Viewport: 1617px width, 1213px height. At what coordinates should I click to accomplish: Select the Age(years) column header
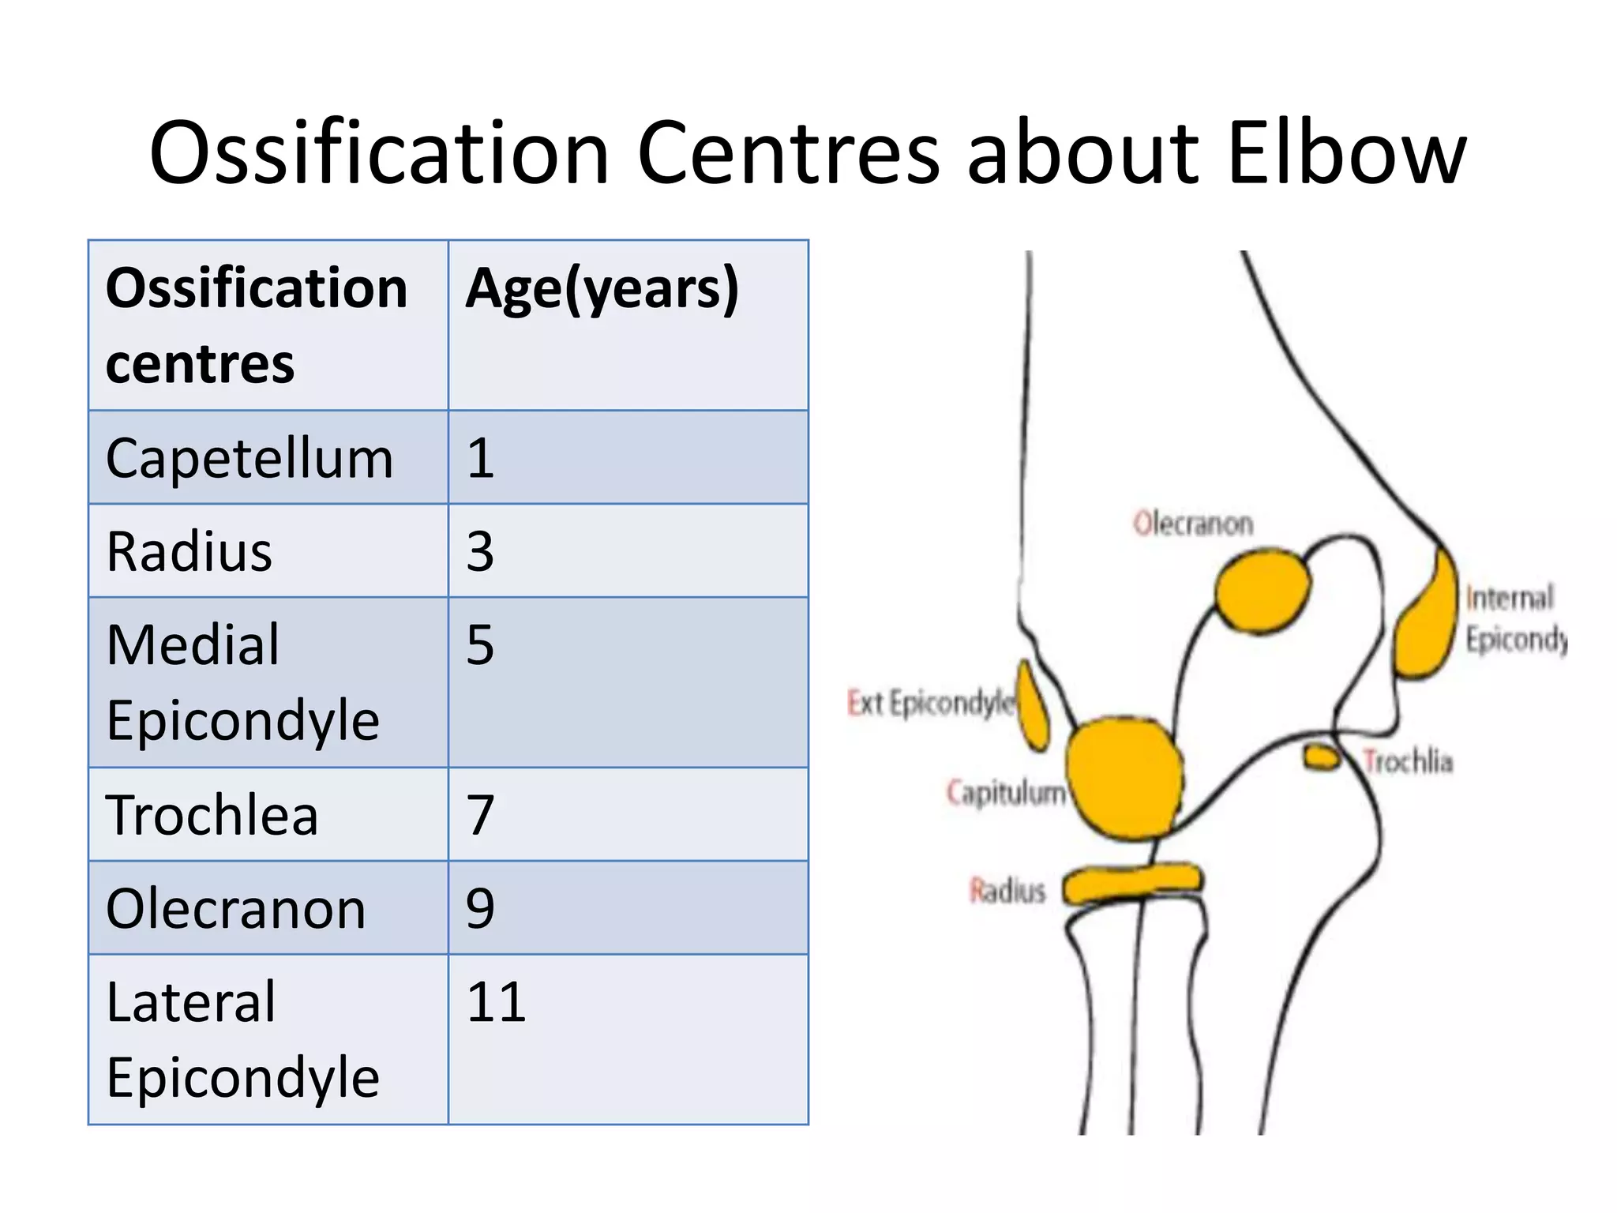pyautogui.click(x=602, y=288)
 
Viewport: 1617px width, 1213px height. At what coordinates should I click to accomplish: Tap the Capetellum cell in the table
pyautogui.click(x=249, y=458)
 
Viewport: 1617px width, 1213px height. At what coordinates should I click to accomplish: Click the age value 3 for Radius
pyautogui.click(x=480, y=551)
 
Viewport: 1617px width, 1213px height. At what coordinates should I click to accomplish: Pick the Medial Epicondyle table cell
pyautogui.click(x=242, y=682)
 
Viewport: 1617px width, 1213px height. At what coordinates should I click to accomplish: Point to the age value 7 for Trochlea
pyautogui.click(x=480, y=815)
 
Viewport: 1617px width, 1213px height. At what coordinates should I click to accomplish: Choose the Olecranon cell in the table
pyautogui.click(x=235, y=908)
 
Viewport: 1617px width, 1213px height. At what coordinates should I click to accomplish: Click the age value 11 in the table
pyautogui.click(x=496, y=1002)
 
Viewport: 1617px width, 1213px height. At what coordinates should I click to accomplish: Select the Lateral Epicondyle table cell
pyautogui.click(x=242, y=1039)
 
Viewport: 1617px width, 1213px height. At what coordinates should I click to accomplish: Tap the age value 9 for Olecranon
pyautogui.click(x=480, y=908)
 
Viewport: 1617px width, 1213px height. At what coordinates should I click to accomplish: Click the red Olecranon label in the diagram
pyautogui.click(x=1192, y=524)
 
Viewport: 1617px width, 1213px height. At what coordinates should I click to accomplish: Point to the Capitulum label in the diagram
pyautogui.click(x=1006, y=792)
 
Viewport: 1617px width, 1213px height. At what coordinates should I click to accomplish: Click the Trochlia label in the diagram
pyautogui.click(x=1408, y=762)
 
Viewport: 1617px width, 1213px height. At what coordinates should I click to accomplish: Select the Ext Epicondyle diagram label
pyautogui.click(x=930, y=702)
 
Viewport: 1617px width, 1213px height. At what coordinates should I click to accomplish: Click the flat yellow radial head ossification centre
pyautogui.click(x=1131, y=883)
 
